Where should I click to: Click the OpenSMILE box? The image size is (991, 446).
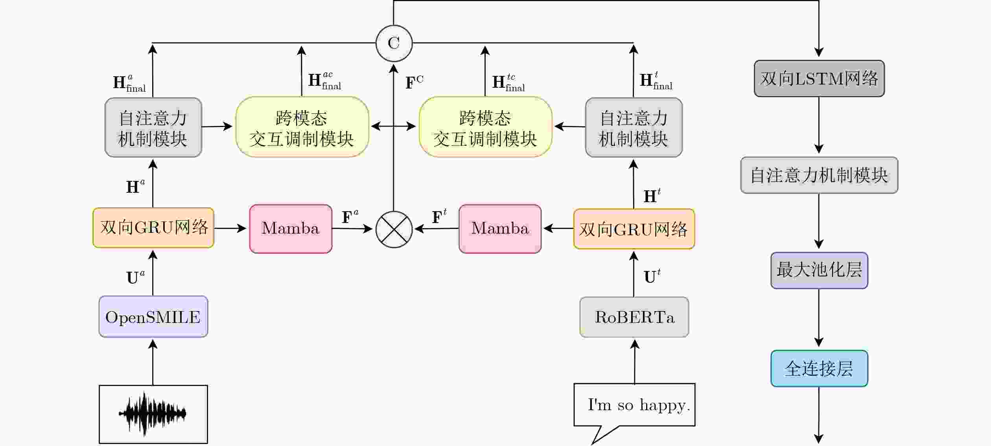[153, 317]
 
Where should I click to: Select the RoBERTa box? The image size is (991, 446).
[634, 317]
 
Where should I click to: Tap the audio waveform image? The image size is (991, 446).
[153, 414]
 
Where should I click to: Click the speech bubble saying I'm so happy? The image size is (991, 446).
[634, 405]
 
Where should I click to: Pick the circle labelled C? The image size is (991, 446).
[394, 43]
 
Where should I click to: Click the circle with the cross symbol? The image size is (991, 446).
[394, 229]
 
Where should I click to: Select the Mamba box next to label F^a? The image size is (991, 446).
[291, 229]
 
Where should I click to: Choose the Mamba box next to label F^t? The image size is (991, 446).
[500, 229]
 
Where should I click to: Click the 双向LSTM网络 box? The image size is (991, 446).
[819, 78]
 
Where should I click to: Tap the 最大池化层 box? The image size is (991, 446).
[819, 270]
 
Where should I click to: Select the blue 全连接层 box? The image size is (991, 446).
[819, 369]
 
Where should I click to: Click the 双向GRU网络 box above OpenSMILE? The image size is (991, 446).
[153, 228]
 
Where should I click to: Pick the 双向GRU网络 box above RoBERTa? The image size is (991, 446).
[634, 229]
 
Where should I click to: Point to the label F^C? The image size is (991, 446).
[414, 82]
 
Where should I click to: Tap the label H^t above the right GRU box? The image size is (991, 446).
[652, 195]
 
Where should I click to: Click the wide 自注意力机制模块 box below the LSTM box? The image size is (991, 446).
[819, 175]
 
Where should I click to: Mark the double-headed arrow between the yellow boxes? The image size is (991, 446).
[393, 126]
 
